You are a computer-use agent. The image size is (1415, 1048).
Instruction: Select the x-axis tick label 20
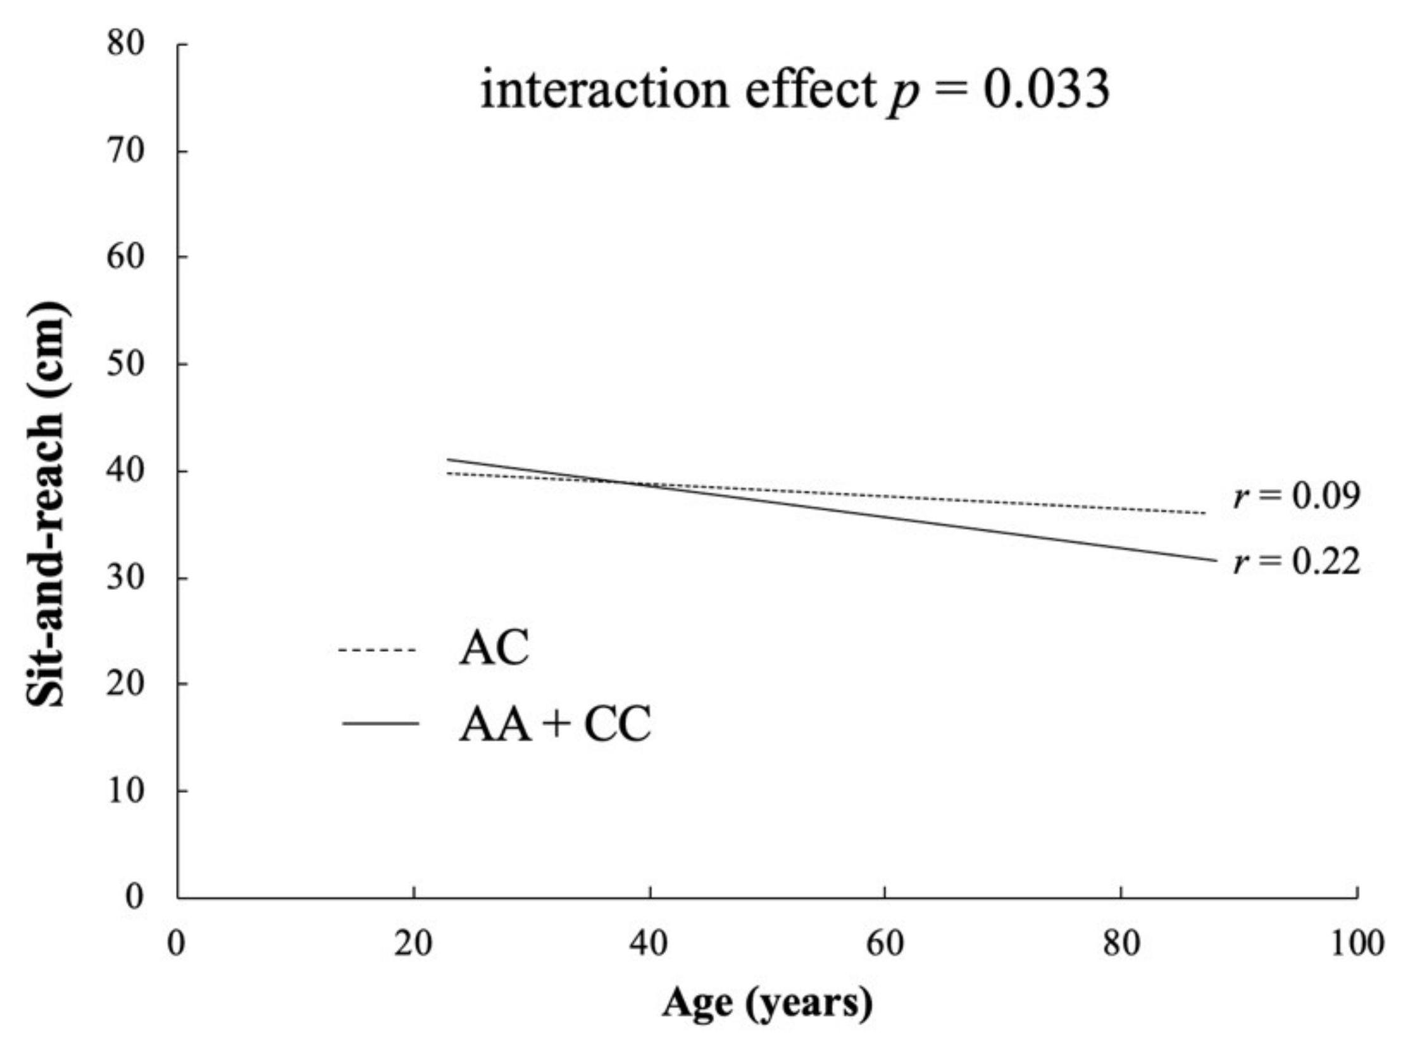click(413, 944)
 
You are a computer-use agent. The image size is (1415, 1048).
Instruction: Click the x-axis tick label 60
click(884, 944)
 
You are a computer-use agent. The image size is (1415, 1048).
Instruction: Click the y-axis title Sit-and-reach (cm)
click(46, 504)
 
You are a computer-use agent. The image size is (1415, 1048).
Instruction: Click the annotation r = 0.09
click(1297, 496)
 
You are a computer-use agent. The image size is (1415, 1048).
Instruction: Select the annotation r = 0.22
click(1297, 561)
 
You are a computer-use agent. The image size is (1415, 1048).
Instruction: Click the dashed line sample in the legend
click(377, 650)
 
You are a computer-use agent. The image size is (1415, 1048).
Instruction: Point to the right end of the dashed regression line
click(1204, 513)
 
